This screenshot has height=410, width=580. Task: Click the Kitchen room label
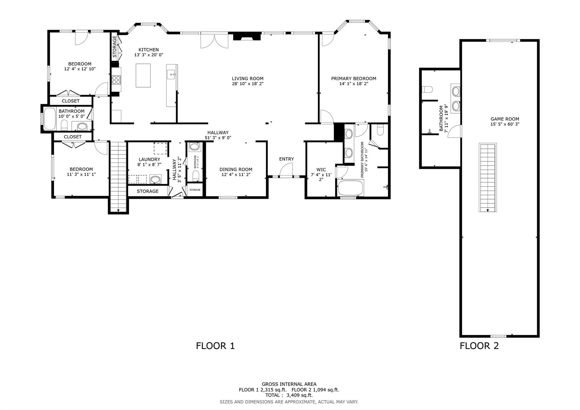(148, 50)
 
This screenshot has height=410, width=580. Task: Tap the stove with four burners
(116, 80)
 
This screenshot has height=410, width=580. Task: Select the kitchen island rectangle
(143, 75)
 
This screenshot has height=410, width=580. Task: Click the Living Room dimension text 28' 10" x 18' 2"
(248, 84)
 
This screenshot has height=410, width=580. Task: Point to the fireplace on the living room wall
(247, 37)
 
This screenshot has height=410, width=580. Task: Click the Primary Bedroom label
(353, 78)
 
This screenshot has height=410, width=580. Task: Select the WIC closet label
(321, 170)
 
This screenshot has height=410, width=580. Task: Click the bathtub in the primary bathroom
(350, 188)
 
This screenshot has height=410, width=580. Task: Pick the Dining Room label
(236, 169)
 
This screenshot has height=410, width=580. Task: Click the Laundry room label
(149, 160)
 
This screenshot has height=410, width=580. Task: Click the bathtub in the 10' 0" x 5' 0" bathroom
(50, 119)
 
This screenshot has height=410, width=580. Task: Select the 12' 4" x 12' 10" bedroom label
(80, 64)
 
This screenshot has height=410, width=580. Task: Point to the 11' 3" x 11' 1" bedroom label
(81, 169)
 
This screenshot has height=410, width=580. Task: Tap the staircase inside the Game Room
(487, 177)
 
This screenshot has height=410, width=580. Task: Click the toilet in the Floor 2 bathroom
(427, 90)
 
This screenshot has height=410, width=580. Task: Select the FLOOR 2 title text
(479, 346)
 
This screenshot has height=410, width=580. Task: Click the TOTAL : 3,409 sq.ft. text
(289, 395)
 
